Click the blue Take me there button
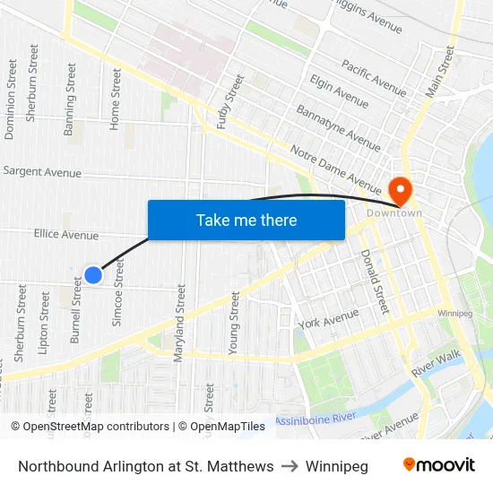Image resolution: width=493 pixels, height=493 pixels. (x=246, y=221)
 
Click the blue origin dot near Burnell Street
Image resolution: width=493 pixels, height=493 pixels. (x=92, y=275)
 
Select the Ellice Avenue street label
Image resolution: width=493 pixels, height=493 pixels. (x=66, y=235)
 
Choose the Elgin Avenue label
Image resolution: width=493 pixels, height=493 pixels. (x=339, y=91)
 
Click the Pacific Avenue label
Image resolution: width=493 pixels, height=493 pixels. (x=373, y=76)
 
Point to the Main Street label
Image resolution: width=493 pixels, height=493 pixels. (x=440, y=72)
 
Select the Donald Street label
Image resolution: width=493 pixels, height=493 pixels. (x=374, y=281)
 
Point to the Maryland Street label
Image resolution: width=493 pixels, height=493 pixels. (x=179, y=323)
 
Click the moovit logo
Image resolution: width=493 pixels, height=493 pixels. (x=438, y=465)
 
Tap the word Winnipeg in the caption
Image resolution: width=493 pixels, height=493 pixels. (x=336, y=466)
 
